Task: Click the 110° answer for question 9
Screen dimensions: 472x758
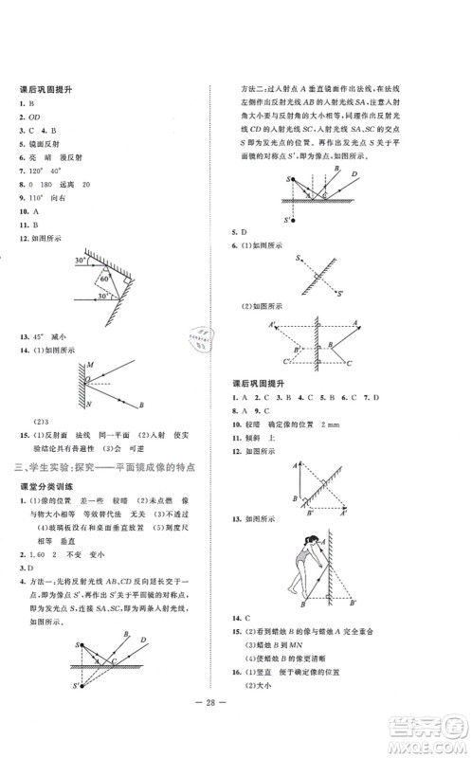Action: click(36, 200)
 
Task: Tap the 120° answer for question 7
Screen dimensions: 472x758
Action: click(37, 172)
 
